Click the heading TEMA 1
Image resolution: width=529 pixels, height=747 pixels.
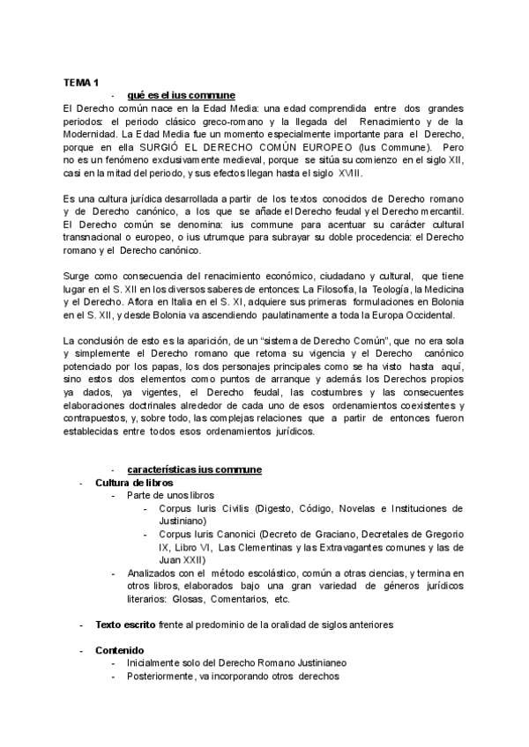[80, 81]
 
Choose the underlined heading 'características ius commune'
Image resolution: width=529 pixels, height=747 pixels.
[193, 470]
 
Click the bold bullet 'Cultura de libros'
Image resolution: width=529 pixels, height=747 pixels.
[134, 483]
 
